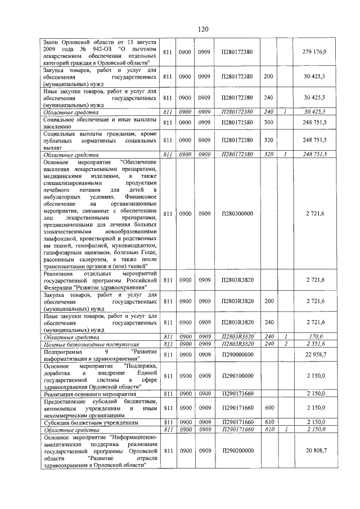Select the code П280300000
(237, 214)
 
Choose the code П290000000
(237, 354)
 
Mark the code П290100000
(237, 375)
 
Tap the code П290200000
(237, 451)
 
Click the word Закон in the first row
(53, 42)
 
